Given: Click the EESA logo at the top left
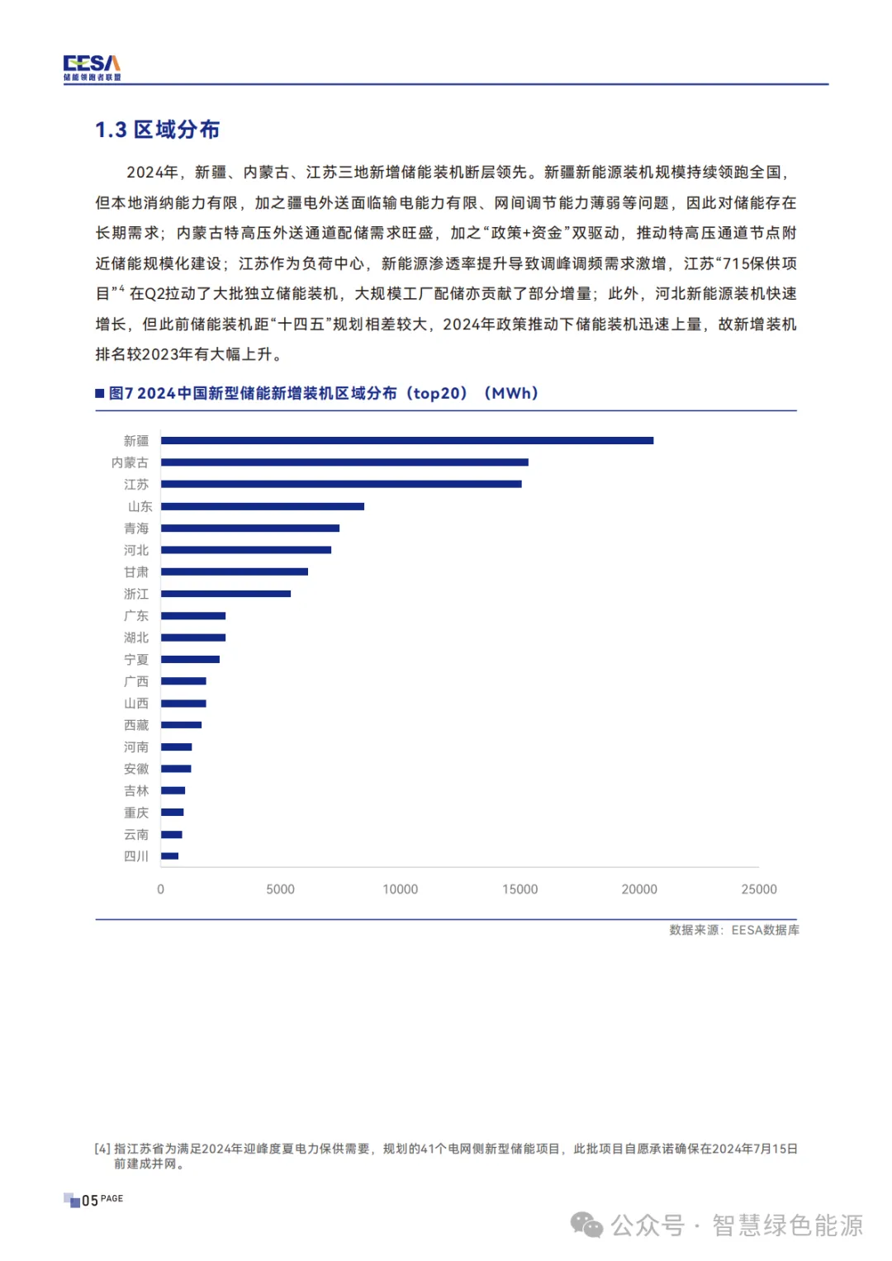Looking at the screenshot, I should (92, 67).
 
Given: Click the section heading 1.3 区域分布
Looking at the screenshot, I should (157, 130).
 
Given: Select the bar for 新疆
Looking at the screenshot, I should (406, 441).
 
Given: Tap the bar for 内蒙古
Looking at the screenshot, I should (344, 462).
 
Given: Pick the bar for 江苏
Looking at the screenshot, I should (340, 485).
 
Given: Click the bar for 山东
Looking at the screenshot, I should (262, 506).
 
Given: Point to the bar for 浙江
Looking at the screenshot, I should (225, 594).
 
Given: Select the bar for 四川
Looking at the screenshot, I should (169, 856).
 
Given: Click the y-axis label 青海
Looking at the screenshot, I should (136, 529).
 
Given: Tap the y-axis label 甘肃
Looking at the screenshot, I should (136, 572).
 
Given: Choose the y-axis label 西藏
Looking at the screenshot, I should (136, 725).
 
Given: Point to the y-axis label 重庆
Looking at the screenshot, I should (136, 813).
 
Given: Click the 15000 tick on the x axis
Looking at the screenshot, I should (520, 889).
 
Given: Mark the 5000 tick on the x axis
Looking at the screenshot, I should (280, 889).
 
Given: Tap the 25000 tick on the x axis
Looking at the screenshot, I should (758, 889).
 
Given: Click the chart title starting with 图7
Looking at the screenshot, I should (323, 393).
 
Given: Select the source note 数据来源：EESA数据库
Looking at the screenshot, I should (733, 930).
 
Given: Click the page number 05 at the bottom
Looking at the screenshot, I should (89, 1200).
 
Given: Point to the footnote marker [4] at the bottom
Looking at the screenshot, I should (102, 1149).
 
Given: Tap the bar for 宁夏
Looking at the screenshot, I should (190, 660).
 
